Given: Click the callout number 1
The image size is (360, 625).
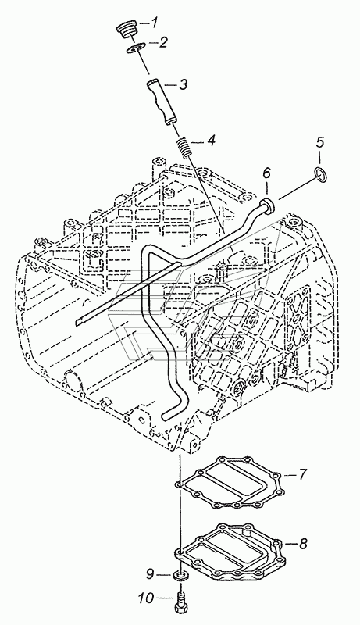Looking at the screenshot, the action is pos(155,23).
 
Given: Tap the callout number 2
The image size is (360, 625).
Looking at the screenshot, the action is pos(163,43).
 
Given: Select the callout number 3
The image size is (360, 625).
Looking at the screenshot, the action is pos(183,84).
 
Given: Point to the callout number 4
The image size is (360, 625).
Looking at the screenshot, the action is pos(211,141).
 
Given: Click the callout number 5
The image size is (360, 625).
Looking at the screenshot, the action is pos(321,142).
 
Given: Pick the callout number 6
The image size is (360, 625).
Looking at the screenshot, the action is pos(266,173).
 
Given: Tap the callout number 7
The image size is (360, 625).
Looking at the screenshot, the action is pos(303,474).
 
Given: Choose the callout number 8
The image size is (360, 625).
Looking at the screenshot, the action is pos(304,542).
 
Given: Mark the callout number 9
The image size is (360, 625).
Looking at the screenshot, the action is pos(150,574).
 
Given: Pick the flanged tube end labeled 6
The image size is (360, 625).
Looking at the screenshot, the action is pos(268,205).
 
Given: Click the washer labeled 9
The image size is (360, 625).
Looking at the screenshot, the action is pos(180,575).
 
